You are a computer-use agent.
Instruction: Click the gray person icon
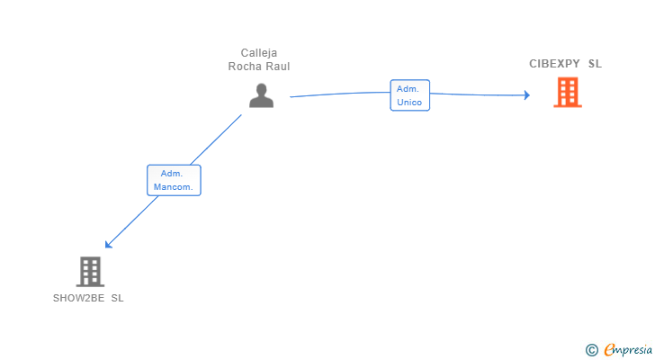tap(261, 95)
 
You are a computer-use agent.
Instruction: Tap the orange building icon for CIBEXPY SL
tap(568, 93)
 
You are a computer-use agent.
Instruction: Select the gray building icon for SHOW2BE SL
tap(90, 272)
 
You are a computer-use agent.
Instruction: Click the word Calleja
tap(259, 53)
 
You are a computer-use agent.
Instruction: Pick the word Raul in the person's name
tap(276, 67)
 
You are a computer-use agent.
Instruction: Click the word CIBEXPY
tap(554, 64)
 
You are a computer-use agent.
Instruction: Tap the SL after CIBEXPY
tap(595, 64)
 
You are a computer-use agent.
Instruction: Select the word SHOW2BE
tap(78, 298)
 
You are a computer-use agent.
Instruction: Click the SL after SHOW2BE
tap(117, 298)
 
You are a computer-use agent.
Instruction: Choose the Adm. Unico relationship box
tap(409, 95)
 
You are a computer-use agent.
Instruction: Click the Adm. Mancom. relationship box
tap(174, 180)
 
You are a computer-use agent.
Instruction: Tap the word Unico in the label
tap(409, 103)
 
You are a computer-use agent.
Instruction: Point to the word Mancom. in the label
tap(174, 187)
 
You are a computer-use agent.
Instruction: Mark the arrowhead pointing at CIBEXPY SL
tap(527, 95)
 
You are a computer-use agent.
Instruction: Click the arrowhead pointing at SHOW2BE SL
tap(108, 245)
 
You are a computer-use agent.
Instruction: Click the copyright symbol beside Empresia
tap(592, 350)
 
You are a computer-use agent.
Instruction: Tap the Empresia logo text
tap(628, 350)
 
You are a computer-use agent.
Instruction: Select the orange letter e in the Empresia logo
tap(609, 349)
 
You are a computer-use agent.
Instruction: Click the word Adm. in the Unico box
tap(408, 89)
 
